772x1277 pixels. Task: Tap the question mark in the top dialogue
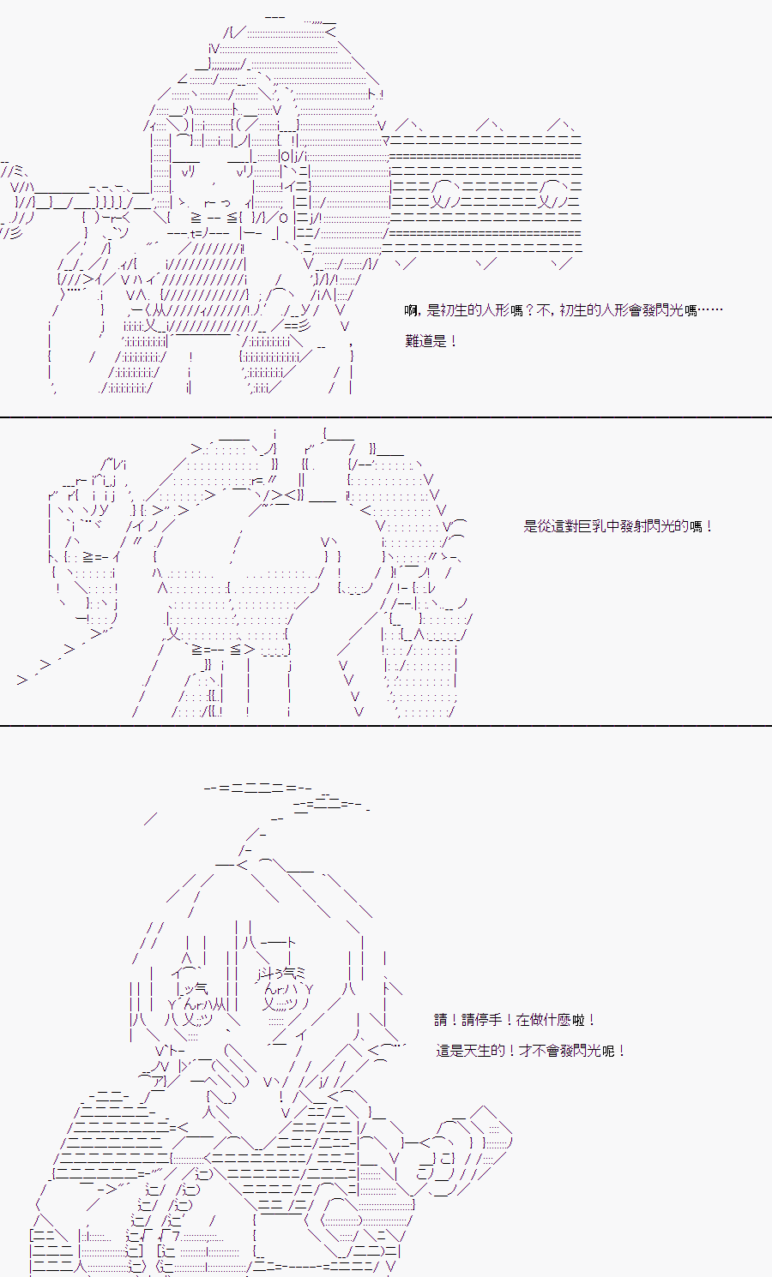[529, 310]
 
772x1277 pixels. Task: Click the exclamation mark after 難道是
[453, 341]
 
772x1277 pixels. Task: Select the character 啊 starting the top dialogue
[411, 310]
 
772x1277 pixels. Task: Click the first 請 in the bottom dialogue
[441, 1019]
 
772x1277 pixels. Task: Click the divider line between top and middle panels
[386, 417]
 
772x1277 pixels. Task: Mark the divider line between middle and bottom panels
[386, 726]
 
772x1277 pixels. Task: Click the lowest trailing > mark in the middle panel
[22, 680]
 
